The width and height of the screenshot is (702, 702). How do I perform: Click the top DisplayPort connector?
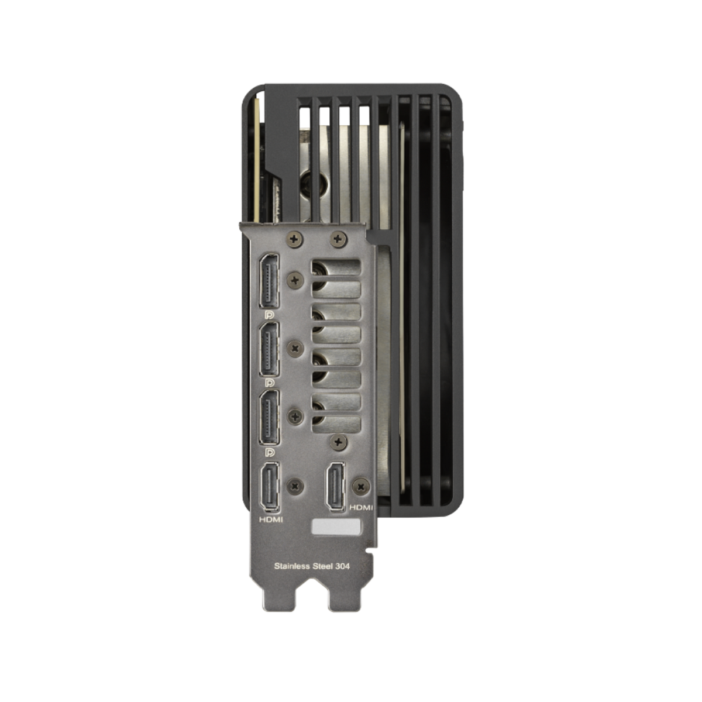coord(269,281)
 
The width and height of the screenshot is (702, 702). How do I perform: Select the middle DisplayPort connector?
coord(269,349)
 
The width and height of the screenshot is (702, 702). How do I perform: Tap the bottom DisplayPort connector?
coord(269,418)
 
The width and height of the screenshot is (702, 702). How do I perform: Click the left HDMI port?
coord(270,487)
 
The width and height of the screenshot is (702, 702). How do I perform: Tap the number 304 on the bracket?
coord(342,566)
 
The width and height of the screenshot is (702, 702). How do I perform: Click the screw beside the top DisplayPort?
coord(295,280)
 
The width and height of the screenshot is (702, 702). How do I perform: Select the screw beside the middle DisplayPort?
coord(295,349)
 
